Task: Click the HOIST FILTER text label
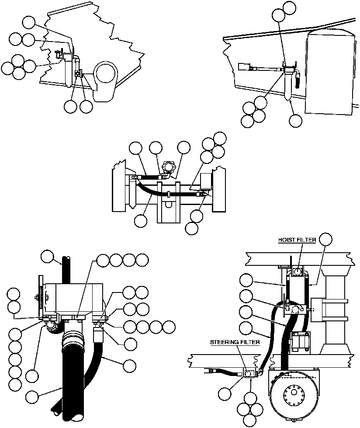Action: pyautogui.click(x=297, y=240)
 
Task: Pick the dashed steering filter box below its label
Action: pyautogui.click(x=249, y=373)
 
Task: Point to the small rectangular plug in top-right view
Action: pyautogui.click(x=244, y=67)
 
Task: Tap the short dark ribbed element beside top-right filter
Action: pyautogui.click(x=298, y=80)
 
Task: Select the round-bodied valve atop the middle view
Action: pyautogui.click(x=168, y=168)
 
